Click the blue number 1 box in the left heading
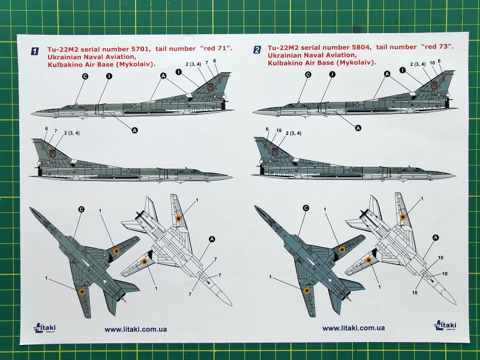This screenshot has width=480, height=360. (x=35, y=51)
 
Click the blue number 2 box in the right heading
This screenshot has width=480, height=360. (x=257, y=51)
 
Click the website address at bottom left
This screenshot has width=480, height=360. (x=136, y=328)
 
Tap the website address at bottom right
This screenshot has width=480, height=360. (x=353, y=328)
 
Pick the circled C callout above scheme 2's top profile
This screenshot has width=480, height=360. (x=308, y=75)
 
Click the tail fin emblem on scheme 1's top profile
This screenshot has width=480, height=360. (x=210, y=88)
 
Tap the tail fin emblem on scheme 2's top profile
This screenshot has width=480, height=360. (x=433, y=86)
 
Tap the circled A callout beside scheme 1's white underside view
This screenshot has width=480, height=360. (x=211, y=239)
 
